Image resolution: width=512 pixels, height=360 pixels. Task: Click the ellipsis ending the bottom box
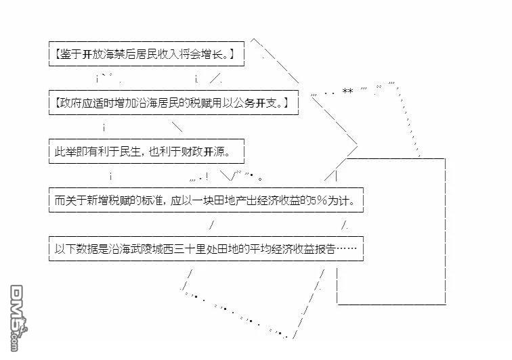pos(346,249)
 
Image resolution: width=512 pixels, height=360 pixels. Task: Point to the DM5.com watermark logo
pos(18,318)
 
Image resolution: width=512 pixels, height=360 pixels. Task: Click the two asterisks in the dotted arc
pos(347,91)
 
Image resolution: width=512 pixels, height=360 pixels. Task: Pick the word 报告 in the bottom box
pos(325,249)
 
